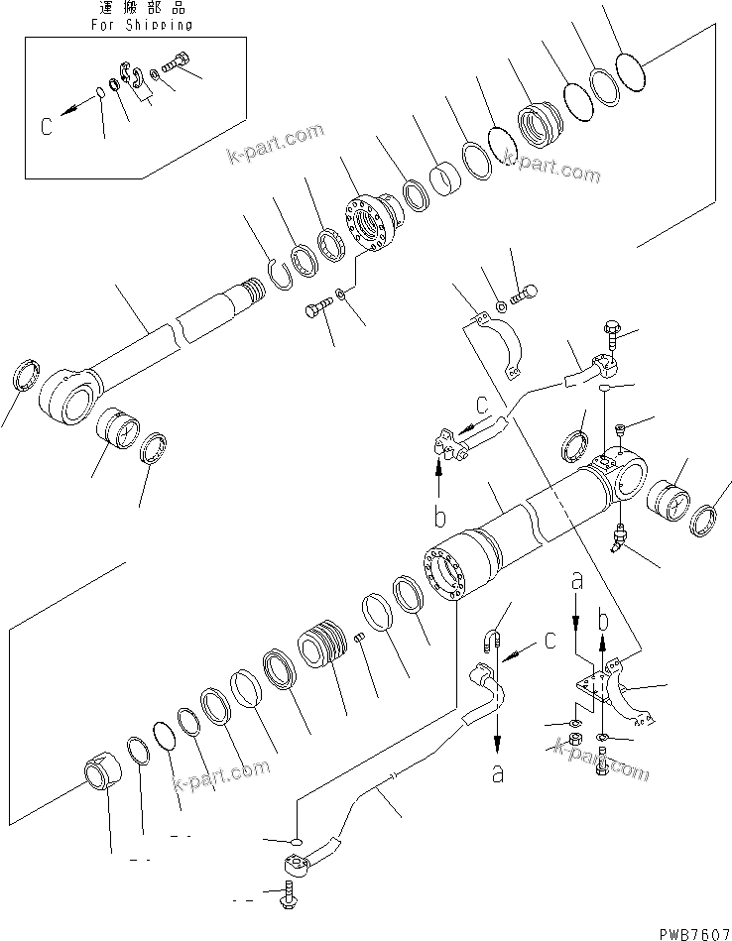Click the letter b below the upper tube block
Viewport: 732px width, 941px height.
pos(438,518)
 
